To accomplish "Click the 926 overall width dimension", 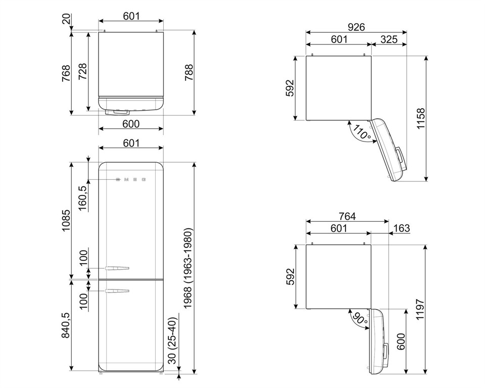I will click(x=356, y=27).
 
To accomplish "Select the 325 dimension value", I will click(x=389, y=39).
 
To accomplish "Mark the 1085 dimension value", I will click(x=66, y=220).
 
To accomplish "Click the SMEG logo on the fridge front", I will click(x=131, y=179).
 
